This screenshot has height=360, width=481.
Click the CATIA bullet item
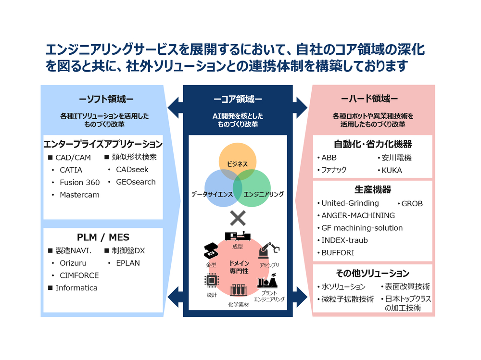point(71,170)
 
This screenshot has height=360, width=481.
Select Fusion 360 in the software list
point(79,182)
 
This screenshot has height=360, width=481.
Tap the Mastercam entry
point(79,195)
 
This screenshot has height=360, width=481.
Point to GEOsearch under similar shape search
point(136,182)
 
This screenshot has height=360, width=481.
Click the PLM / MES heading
point(103,237)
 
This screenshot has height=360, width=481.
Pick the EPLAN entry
point(127,263)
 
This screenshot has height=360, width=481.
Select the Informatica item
point(76,288)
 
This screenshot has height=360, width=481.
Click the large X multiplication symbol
point(238,219)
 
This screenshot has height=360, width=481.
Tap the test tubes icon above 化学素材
point(238,290)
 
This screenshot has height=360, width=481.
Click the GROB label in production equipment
point(412,203)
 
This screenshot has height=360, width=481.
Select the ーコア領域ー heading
point(238,99)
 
